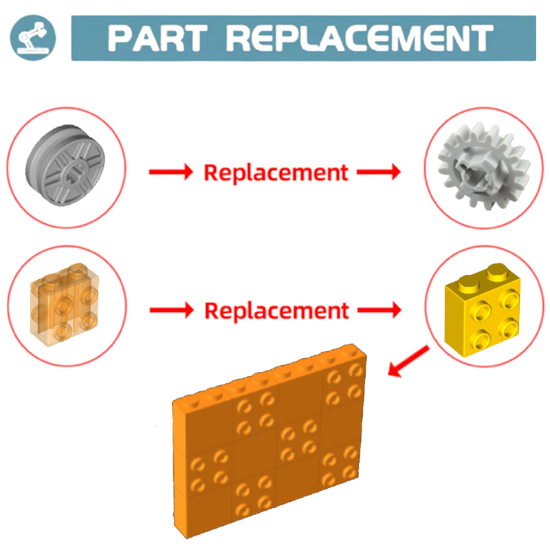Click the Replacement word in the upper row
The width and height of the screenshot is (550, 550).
point(276,172)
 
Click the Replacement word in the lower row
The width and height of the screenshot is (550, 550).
point(276,311)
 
